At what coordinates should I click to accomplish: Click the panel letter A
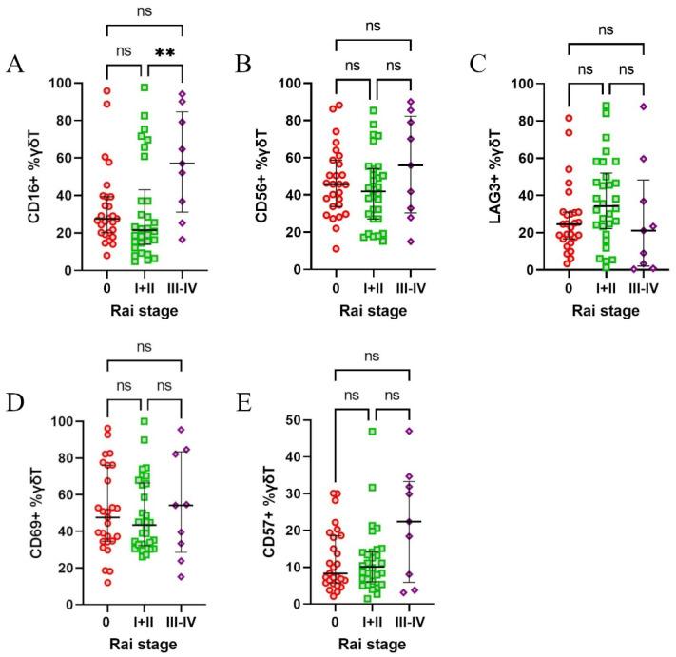(x=14, y=65)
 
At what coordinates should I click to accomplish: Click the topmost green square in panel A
(x=145, y=87)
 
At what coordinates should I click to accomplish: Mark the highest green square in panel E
(x=374, y=432)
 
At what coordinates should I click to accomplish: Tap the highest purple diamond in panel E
(x=410, y=432)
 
